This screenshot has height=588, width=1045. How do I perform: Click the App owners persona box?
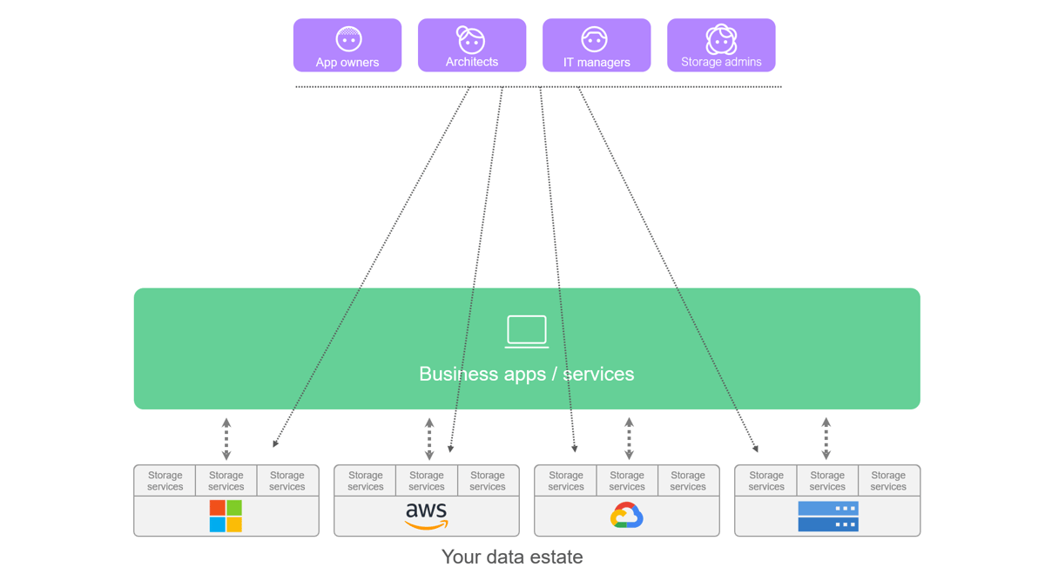[347, 45]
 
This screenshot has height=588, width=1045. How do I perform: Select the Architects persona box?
[472, 45]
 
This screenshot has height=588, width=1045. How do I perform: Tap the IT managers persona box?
[597, 45]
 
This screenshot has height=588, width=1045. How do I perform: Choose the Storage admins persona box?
[721, 45]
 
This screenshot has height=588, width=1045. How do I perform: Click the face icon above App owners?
[348, 39]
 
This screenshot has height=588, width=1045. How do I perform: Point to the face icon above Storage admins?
[721, 39]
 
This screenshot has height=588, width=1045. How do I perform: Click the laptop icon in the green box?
[527, 332]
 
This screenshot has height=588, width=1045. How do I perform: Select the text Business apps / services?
[527, 374]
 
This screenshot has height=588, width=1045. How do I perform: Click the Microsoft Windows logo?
[226, 516]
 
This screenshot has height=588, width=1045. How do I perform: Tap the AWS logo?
[427, 516]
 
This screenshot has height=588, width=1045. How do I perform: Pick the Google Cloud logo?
[627, 516]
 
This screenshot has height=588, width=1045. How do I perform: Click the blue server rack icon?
[828, 516]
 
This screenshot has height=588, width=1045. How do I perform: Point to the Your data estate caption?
[512, 557]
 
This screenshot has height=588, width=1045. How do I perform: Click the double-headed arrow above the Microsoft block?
[226, 439]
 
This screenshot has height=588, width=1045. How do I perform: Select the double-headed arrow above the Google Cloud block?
[629, 439]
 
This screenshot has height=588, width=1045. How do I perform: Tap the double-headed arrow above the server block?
[826, 439]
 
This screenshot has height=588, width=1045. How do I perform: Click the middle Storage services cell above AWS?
[427, 481]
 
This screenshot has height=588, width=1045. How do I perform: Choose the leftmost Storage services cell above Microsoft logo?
[165, 481]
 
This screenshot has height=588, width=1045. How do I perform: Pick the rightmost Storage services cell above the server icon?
[888, 481]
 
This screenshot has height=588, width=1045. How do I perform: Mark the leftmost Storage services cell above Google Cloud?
[566, 481]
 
